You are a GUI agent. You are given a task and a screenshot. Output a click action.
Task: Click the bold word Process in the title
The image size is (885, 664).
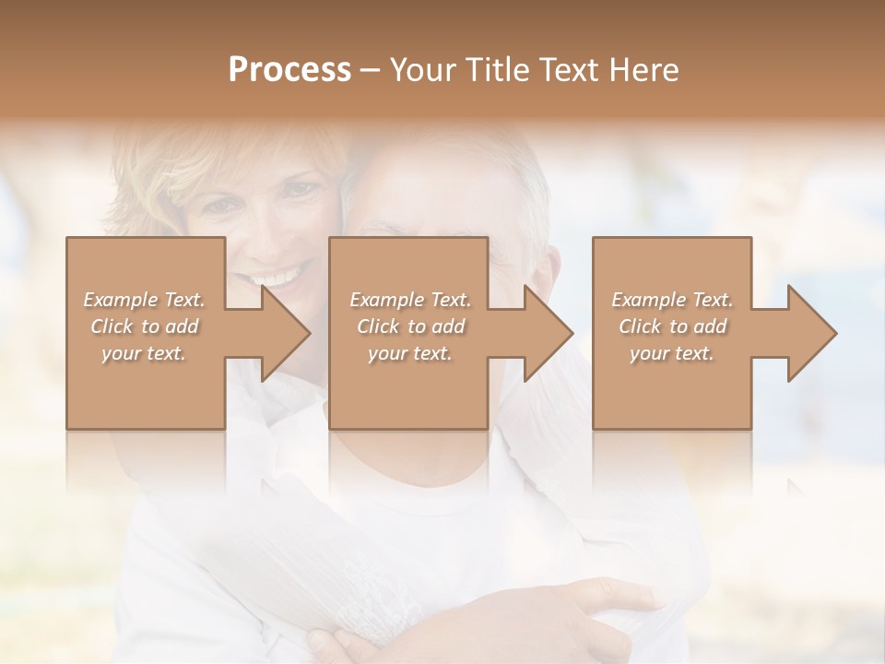(x=289, y=70)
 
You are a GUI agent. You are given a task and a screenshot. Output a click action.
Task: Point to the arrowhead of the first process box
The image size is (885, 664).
(x=285, y=333)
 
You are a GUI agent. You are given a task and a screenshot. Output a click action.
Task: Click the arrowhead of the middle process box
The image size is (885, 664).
(x=549, y=333)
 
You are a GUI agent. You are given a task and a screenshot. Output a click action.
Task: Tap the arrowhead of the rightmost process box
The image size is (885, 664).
(x=812, y=333)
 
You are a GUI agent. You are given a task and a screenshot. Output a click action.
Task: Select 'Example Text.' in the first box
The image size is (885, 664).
(x=144, y=300)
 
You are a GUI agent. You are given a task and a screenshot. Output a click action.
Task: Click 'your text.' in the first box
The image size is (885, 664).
(x=144, y=353)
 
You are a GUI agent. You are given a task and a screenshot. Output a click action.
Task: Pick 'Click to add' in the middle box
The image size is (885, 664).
(x=410, y=326)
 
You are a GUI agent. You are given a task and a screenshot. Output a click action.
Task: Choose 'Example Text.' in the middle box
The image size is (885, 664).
(x=410, y=300)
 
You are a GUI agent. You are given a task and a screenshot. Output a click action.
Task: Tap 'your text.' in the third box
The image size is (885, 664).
(x=672, y=353)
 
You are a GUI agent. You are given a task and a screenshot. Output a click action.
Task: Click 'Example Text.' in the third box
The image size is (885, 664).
(x=672, y=300)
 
